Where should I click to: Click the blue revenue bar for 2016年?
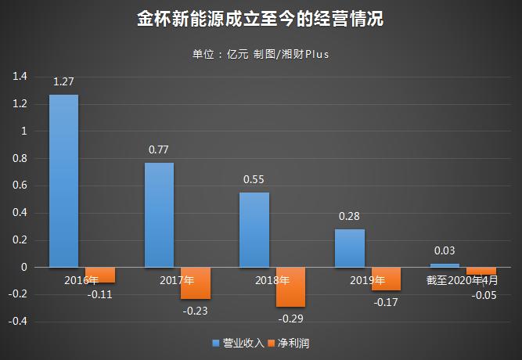[63, 181]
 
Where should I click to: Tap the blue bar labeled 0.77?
[159, 214]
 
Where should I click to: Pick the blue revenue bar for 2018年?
[254, 229]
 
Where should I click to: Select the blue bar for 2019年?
[350, 248]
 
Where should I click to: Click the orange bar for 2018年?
[290, 287]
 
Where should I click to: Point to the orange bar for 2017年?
[195, 283]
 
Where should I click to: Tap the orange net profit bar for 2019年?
[386, 279]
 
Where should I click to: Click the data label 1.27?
[63, 81]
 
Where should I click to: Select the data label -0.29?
[290, 319]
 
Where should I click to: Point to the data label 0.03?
[445, 250]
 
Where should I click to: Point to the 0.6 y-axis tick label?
[20, 185]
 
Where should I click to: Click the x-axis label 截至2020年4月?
[461, 279]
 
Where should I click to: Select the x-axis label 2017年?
[177, 279]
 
